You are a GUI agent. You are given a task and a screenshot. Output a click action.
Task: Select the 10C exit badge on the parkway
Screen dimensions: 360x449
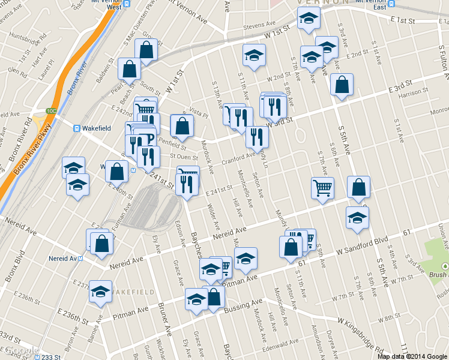click(51, 111)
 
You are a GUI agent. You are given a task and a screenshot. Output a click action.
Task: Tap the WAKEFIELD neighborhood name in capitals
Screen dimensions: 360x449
click(130, 292)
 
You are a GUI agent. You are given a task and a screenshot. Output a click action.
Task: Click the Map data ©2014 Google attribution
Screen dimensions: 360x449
click(412, 355)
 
